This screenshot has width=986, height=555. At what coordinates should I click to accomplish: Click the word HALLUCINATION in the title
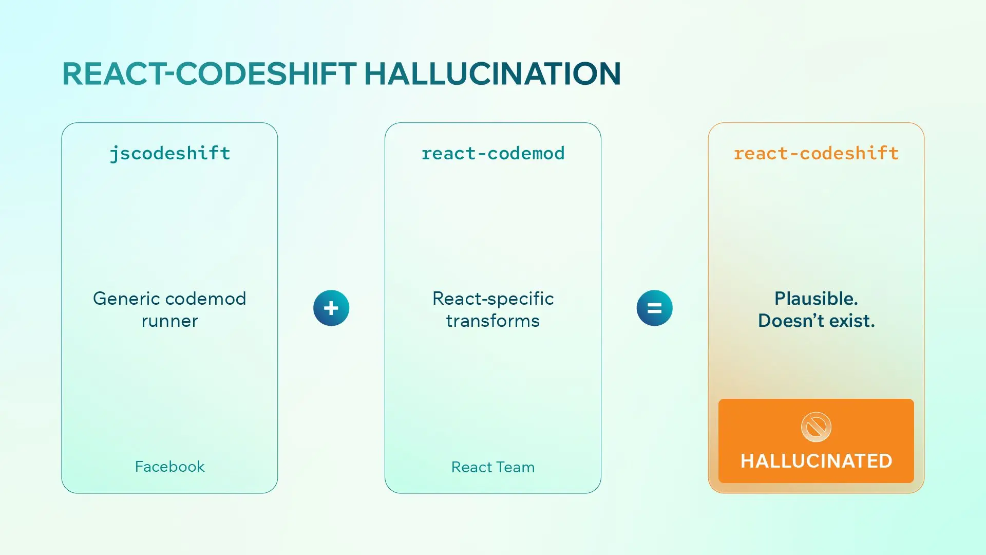click(x=492, y=73)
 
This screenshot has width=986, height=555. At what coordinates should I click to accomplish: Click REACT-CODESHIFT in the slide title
click(x=210, y=73)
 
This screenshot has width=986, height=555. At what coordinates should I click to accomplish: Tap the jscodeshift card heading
click(x=170, y=154)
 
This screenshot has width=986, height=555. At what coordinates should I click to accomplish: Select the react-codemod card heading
click(x=493, y=154)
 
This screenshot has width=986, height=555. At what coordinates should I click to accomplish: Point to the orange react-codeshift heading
click(x=816, y=154)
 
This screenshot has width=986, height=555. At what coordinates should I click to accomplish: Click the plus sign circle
click(x=331, y=308)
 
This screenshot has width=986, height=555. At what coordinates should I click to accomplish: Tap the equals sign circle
click(x=655, y=308)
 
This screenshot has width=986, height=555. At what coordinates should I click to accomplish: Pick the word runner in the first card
click(x=170, y=321)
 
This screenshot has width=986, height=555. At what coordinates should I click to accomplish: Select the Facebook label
click(x=170, y=467)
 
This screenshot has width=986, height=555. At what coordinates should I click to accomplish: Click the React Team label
click(x=493, y=467)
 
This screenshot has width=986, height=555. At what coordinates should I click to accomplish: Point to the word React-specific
click(x=493, y=299)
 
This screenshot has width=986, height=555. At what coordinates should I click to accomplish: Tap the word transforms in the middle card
click(x=493, y=321)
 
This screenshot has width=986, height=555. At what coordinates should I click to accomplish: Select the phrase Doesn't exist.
click(x=817, y=321)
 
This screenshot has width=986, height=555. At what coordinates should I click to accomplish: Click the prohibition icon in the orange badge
click(x=816, y=427)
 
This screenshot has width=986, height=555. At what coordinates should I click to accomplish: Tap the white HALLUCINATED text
click(x=816, y=461)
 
